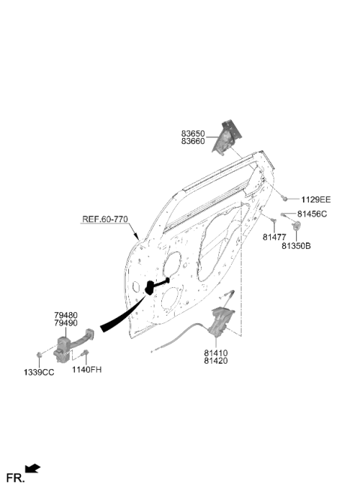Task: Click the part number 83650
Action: (193, 133)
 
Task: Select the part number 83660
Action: (193, 142)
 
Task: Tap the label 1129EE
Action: (316, 199)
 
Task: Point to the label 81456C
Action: (312, 214)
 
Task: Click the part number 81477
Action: (274, 237)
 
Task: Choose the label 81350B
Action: (296, 246)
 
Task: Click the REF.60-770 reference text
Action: (105, 219)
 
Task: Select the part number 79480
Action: (66, 315)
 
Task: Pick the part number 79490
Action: (66, 322)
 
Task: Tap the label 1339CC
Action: (39, 373)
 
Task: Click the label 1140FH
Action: (87, 370)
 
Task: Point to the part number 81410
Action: (216, 353)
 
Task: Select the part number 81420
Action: (216, 361)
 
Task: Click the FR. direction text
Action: (16, 478)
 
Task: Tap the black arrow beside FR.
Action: (33, 469)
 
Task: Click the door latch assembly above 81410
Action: (222, 321)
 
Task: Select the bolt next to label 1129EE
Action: (284, 198)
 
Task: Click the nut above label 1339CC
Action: (39, 355)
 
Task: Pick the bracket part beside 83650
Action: (227, 137)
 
